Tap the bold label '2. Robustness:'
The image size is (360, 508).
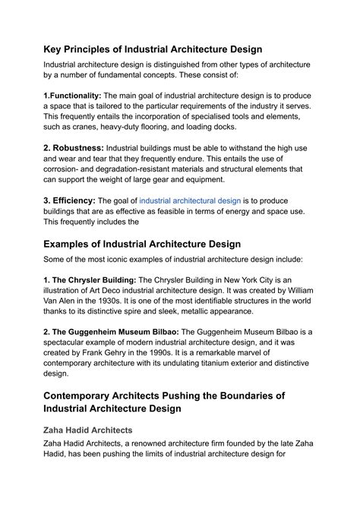click(x=74, y=147)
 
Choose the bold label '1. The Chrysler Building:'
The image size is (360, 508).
click(x=92, y=279)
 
